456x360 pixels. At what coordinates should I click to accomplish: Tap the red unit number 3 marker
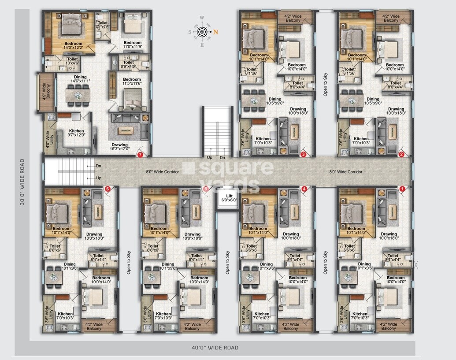(303, 155)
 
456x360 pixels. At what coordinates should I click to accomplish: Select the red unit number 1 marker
(401, 189)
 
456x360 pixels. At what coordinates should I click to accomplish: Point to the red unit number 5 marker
(205, 189)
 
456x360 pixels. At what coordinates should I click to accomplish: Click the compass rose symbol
(203, 31)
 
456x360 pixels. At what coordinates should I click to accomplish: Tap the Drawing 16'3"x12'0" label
(119, 147)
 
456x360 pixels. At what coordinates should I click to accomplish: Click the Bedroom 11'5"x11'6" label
(132, 82)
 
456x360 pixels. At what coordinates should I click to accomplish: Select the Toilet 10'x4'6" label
(72, 61)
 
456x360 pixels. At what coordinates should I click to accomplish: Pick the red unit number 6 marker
(107, 189)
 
